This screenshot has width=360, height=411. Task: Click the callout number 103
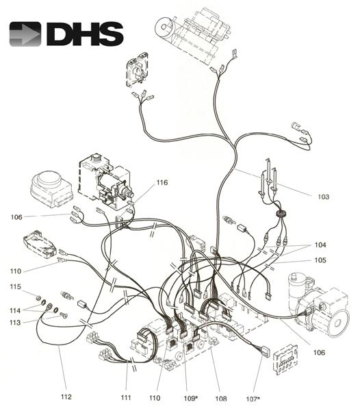(323, 197)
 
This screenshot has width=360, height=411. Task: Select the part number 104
(320, 245)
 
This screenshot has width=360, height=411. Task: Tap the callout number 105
(320, 260)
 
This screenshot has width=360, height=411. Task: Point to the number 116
(162, 182)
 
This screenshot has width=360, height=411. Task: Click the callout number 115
(16, 286)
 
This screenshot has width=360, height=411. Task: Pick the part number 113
(15, 322)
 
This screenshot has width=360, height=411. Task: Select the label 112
(66, 397)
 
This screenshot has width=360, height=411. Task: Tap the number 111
(126, 397)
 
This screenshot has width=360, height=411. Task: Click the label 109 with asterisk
(190, 399)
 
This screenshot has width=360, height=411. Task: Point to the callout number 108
(221, 399)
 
